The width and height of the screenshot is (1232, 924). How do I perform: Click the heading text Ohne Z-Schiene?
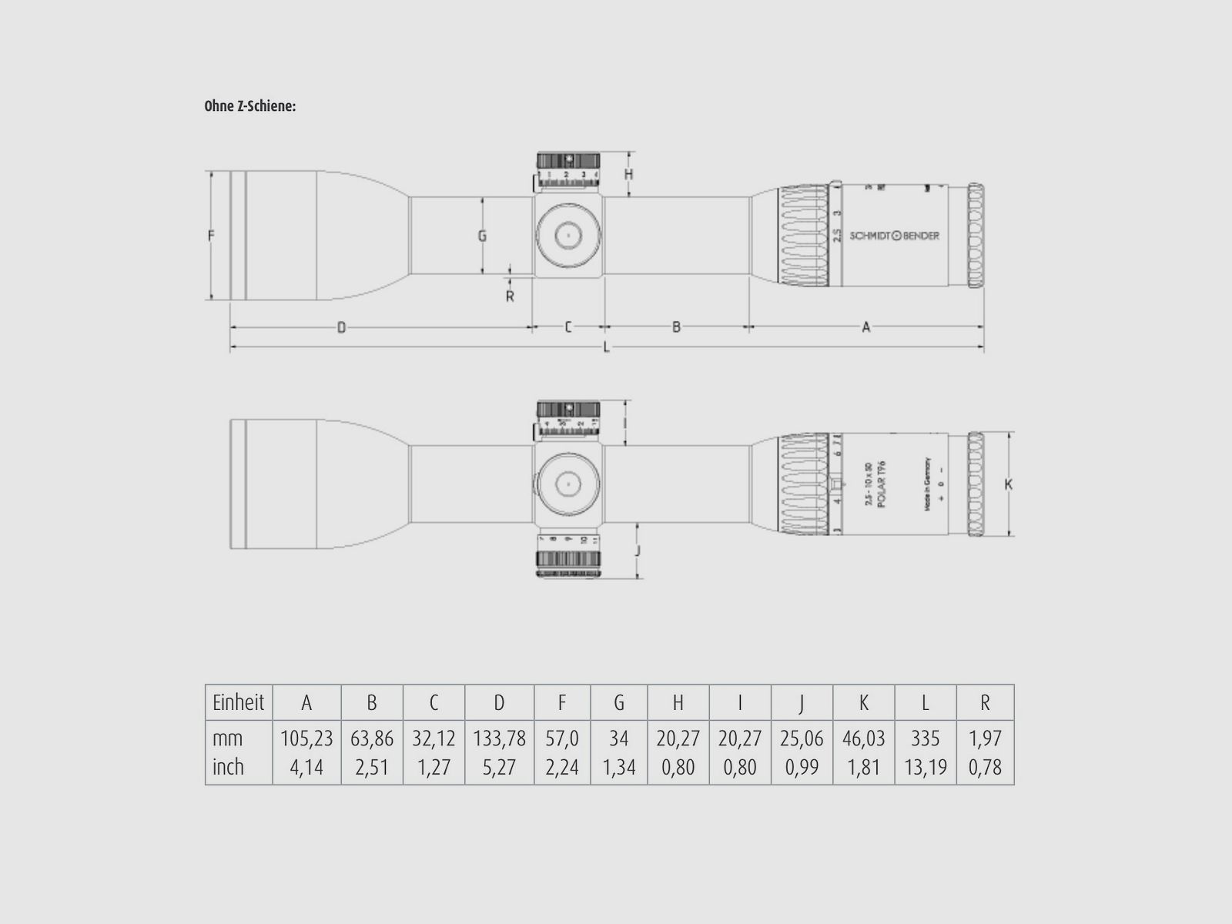pos(249,106)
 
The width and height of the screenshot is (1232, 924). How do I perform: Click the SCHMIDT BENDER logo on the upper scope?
pos(894,236)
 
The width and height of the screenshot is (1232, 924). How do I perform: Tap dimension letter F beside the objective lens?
pos(210,236)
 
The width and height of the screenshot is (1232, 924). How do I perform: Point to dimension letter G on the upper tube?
pos(482,236)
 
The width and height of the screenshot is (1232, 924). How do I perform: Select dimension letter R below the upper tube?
pos(510,296)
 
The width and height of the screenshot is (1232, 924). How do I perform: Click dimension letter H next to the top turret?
pos(628,175)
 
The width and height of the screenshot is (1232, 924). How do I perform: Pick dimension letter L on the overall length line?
pos(607,347)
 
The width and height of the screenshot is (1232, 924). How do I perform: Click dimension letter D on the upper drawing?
pos(341,328)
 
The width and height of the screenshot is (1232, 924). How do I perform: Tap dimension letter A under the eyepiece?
pos(865,328)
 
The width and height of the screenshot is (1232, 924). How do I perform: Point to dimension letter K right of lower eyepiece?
pos(1008,484)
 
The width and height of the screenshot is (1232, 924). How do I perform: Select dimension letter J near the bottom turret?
pos(638,551)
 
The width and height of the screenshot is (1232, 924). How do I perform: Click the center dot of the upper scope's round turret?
pos(568,235)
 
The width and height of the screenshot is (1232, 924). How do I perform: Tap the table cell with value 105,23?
pos(306,738)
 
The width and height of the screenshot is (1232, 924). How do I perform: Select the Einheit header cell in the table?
pos(238,702)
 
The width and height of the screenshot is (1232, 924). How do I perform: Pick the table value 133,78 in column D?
pos(499,738)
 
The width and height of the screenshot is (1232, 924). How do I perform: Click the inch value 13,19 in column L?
pos(925,767)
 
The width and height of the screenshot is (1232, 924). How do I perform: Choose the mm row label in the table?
pos(227,738)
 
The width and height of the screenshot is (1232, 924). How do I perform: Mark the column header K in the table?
pos(863,702)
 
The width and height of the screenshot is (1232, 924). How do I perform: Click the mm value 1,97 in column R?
pos(985,738)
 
